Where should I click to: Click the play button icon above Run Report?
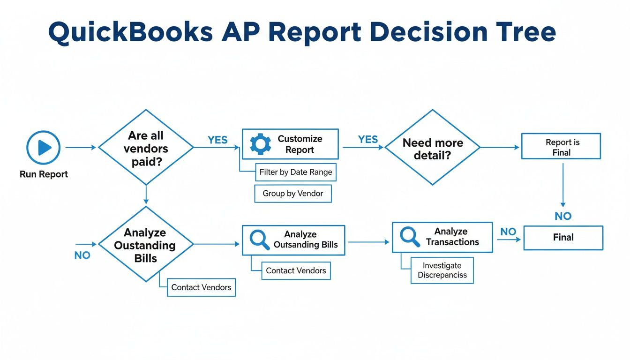pyautogui.click(x=44, y=148)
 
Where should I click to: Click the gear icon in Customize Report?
pyautogui.click(x=260, y=144)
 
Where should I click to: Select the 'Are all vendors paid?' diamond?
pyautogui.click(x=146, y=147)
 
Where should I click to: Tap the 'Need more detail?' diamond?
pyautogui.click(x=432, y=147)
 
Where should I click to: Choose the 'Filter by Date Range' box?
pyautogui.click(x=295, y=172)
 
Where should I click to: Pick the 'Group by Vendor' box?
pyautogui.click(x=292, y=193)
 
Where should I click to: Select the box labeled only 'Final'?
pyautogui.click(x=563, y=238)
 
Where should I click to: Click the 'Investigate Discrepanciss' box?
pyautogui.click(x=442, y=270)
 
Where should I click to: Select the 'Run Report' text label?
pyautogui.click(x=44, y=174)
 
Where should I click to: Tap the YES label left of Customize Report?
pyautogui.click(x=217, y=140)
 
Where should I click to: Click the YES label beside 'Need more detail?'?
pyautogui.click(x=367, y=139)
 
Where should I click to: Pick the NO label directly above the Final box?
pyautogui.click(x=563, y=216)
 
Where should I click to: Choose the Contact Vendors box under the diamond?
pyautogui.click(x=201, y=287)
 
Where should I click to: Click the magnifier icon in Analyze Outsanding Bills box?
pyautogui.click(x=260, y=240)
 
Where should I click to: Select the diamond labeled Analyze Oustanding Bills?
pyautogui.click(x=146, y=244)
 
